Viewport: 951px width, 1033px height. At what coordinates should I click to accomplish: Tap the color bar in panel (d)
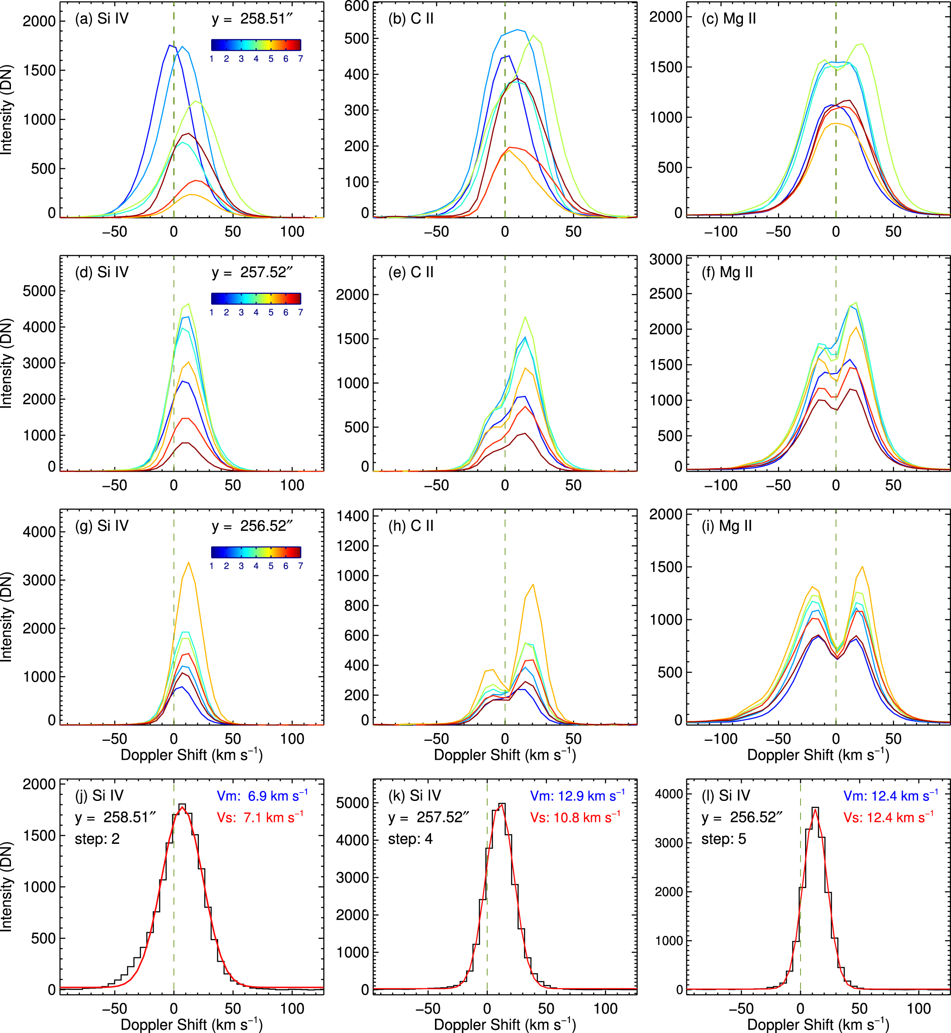click(256, 298)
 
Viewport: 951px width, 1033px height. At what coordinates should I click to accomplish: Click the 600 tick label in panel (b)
click(356, 6)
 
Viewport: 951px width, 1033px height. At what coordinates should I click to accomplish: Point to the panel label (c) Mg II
click(728, 18)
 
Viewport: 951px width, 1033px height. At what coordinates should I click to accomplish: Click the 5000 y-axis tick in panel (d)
click(39, 291)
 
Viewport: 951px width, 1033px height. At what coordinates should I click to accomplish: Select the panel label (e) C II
click(410, 272)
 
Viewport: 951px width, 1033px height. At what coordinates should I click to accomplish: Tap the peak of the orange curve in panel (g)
click(189, 563)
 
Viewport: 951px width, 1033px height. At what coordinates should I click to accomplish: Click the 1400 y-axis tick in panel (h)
click(353, 516)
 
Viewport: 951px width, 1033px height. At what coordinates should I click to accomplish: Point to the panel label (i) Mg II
click(727, 526)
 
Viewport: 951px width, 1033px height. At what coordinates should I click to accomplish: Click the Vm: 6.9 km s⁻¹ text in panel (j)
click(262, 796)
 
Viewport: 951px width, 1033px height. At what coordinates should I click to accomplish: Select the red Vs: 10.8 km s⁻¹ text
click(575, 818)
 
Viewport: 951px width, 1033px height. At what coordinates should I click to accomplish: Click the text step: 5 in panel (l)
click(724, 839)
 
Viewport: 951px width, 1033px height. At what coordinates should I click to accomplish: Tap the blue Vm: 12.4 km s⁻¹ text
click(890, 796)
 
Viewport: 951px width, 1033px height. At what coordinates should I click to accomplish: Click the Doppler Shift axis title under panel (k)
click(504, 1024)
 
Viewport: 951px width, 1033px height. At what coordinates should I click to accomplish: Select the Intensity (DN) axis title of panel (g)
click(6, 617)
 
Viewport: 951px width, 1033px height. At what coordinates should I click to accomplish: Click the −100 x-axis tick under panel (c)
click(721, 232)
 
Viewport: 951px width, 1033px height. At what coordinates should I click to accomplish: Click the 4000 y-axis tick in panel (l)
click(668, 795)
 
